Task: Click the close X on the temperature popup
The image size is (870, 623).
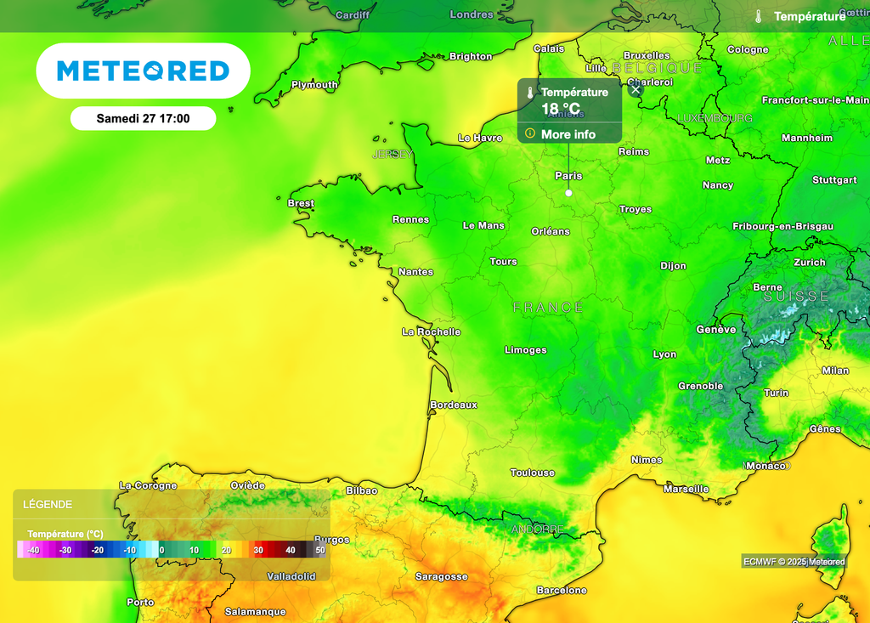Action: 636,89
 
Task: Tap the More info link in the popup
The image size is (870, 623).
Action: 568,134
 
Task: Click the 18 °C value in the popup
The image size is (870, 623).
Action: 561,109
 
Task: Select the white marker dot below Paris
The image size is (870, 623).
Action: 568,193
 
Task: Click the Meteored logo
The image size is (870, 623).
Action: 143,71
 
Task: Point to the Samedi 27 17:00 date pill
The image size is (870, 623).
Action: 143,119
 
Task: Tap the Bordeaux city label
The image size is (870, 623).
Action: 454,405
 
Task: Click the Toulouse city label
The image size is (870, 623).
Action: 532,473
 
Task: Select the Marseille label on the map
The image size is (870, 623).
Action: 686,489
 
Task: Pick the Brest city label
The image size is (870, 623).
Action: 301,203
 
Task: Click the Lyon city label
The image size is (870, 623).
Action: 664,354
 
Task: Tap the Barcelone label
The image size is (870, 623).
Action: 562,590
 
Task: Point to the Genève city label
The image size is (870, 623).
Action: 716,329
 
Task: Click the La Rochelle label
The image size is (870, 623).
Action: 432,331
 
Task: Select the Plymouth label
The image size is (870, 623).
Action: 314,85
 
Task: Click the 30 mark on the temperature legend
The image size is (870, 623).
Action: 258,550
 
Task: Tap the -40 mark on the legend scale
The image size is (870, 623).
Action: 33,550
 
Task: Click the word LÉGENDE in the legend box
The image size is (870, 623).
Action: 48,504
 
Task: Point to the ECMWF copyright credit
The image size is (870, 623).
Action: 794,561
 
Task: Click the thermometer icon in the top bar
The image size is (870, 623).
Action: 758,16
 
